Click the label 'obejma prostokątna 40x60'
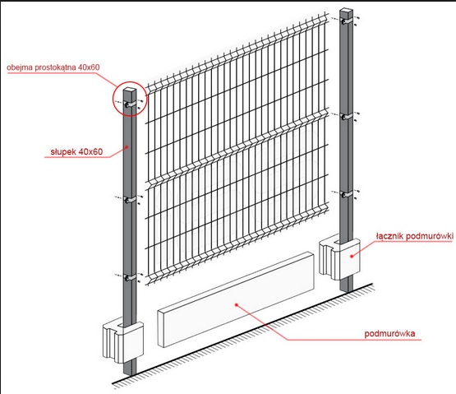(x=53, y=67)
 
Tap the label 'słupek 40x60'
(x=76, y=151)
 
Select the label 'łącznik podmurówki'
(x=415, y=236)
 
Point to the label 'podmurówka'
(x=389, y=333)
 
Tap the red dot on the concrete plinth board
(x=237, y=304)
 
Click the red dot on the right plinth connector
(x=352, y=256)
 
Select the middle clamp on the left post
(x=130, y=200)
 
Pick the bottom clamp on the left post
(x=130, y=277)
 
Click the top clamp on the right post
(x=347, y=21)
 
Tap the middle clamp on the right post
(x=347, y=117)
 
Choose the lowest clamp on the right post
(x=347, y=194)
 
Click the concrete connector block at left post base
(x=123, y=342)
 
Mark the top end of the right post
(x=347, y=11)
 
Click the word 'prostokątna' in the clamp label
(x=56, y=67)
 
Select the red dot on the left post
(x=127, y=146)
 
